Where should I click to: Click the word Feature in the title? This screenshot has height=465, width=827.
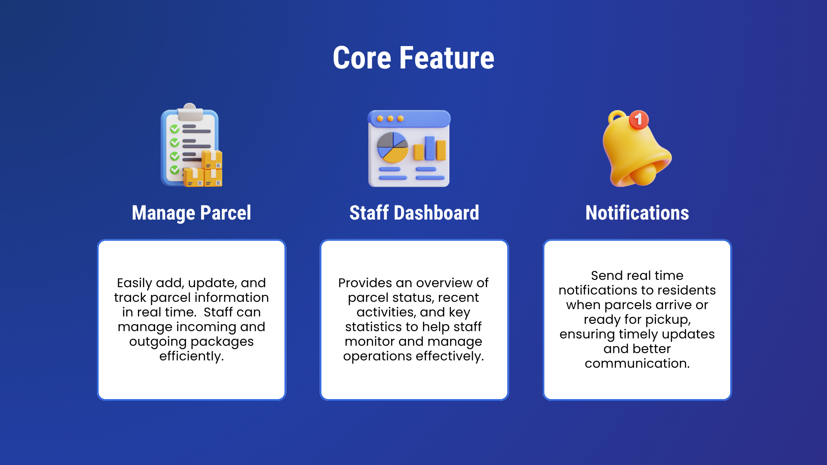447,58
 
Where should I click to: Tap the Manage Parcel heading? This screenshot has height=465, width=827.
191,213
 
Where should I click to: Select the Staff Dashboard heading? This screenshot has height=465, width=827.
414,213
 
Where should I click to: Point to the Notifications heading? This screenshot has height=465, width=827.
637,213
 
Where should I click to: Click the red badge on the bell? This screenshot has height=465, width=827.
638,120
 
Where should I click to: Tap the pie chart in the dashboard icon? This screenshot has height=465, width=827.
392,147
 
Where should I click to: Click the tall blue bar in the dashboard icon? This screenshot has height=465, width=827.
429,148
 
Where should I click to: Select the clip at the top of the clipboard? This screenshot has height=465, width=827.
190,112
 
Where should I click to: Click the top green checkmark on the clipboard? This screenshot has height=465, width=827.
174,129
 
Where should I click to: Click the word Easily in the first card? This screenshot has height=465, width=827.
134,283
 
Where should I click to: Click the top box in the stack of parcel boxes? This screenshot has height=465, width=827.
212,159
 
